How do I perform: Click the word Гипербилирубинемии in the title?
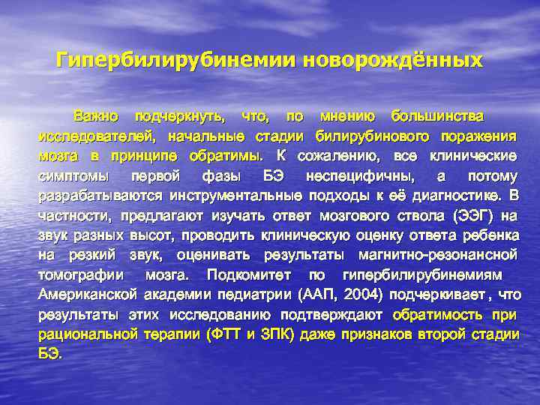click(x=176, y=59)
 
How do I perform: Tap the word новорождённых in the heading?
click(x=392, y=59)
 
